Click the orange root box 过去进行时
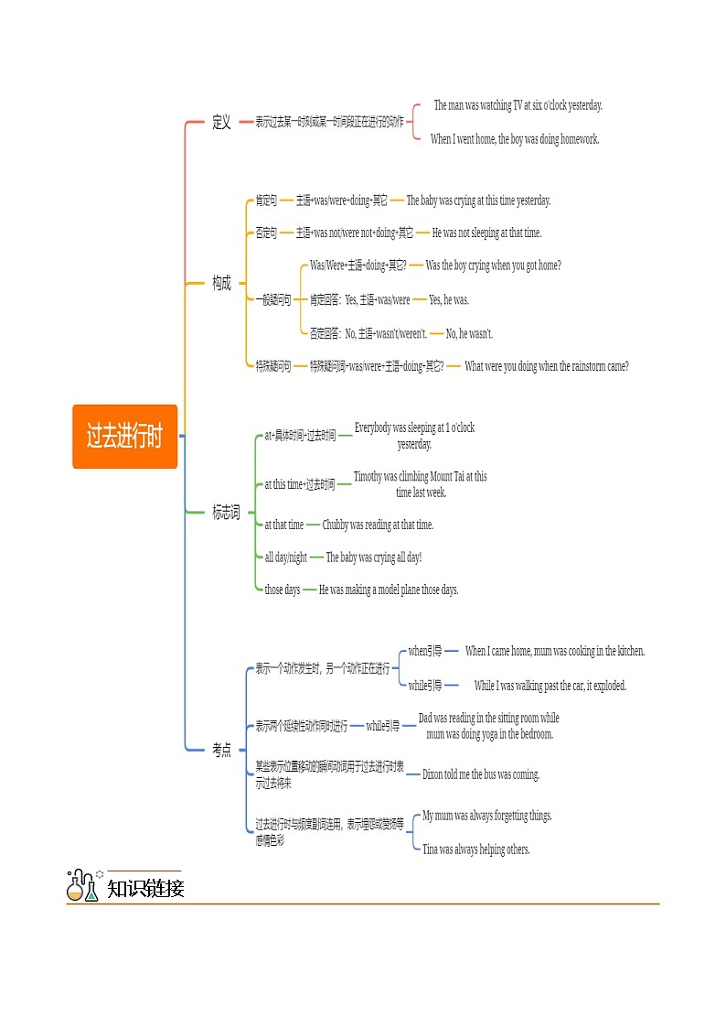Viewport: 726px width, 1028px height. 124,437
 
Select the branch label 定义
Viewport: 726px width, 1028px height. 221,122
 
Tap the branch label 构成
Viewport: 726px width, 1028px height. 221,283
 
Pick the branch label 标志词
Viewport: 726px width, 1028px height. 226,513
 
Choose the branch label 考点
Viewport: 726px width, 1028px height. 221,750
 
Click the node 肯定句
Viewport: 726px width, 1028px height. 266,200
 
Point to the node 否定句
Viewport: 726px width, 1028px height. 266,233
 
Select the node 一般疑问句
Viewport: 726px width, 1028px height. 273,299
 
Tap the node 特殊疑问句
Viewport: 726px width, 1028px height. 273,366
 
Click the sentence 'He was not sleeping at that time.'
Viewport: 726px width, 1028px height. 486,233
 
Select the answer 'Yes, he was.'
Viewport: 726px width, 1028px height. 449,299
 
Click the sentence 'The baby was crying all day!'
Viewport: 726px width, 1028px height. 374,557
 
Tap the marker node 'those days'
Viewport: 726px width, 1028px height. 282,590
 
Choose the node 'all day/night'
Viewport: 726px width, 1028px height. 285,557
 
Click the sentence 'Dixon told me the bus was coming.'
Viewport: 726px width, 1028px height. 481,774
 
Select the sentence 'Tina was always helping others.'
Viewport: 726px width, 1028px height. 475,849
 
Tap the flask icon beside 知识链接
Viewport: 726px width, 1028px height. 82,886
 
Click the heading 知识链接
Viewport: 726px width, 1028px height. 145,888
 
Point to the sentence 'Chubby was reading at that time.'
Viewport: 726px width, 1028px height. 378,525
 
